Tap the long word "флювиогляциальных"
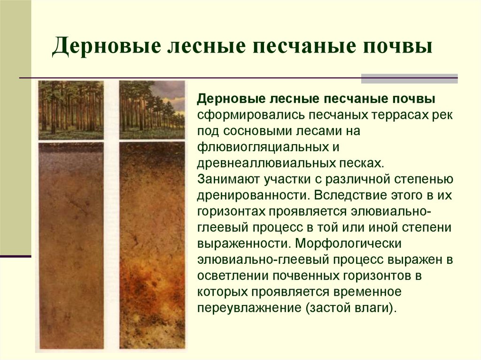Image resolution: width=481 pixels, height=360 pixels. (264, 147)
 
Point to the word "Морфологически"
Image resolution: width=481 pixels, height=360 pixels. (348, 243)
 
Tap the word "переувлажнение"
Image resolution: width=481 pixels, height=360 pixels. (249, 307)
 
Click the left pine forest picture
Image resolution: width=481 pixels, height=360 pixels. (71, 110)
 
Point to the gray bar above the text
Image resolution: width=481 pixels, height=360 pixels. (409, 78)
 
